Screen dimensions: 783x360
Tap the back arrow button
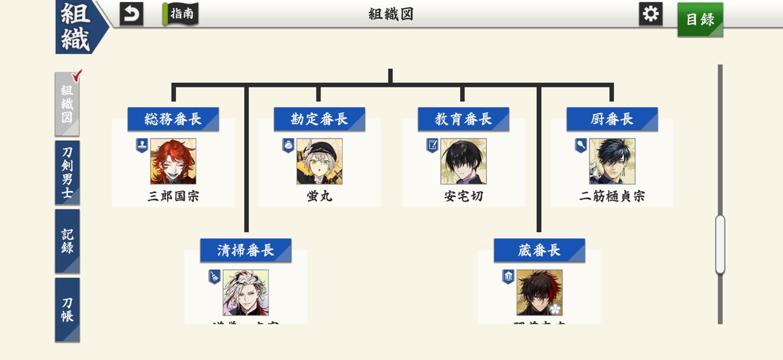point(131,14)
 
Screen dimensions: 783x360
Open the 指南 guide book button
point(181,14)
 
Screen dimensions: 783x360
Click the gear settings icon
point(651,14)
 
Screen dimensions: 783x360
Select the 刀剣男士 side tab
point(67,172)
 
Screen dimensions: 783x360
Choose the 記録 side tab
point(67,241)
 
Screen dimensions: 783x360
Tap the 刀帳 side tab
point(67,309)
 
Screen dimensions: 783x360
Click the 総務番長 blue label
point(173,119)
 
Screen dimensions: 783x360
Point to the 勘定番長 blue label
point(319,119)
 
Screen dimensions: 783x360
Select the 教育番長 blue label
point(463,119)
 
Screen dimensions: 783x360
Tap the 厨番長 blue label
point(611,119)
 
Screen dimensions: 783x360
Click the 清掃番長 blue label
point(245,250)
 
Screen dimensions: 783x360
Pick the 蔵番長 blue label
point(539,250)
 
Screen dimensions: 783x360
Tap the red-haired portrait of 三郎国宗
point(173,161)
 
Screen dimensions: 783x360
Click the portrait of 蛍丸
point(319,161)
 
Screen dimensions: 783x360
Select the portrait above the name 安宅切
point(463,161)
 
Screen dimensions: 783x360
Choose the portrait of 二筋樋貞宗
point(611,161)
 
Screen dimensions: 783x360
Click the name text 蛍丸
point(319,196)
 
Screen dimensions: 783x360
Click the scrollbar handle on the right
point(720,245)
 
